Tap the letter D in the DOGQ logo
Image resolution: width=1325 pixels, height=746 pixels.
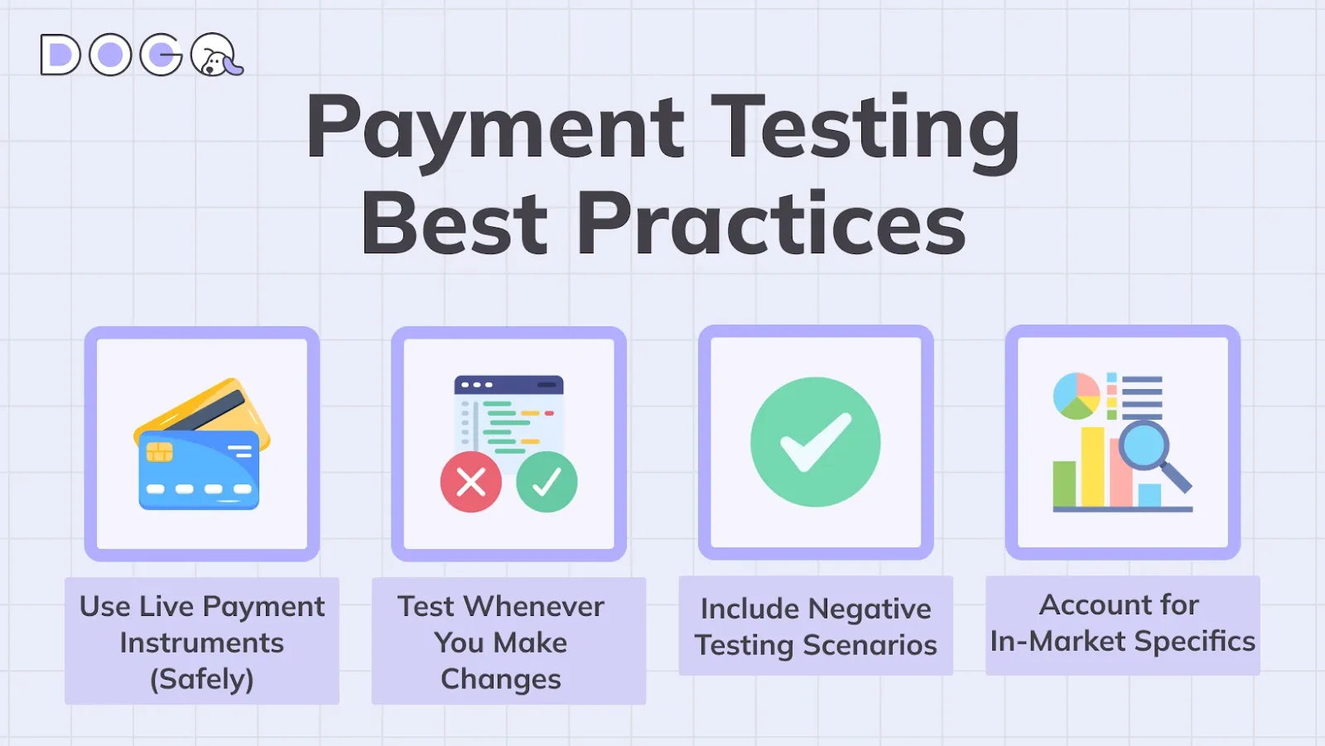[60, 55]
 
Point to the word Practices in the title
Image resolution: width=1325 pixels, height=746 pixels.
[771, 224]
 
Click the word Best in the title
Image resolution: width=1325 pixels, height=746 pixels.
[455, 224]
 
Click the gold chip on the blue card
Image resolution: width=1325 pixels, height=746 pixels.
[159, 452]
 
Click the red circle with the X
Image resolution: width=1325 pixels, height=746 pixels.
[470, 482]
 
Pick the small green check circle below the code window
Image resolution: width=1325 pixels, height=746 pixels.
[547, 482]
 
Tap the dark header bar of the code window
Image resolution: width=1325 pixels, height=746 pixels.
[508, 385]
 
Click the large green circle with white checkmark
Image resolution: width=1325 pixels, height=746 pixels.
[815, 442]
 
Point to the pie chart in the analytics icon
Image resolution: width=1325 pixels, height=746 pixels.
[1076, 396]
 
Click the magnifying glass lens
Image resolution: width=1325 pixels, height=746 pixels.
[1144, 445]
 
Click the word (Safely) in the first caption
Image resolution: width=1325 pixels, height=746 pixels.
[201, 679]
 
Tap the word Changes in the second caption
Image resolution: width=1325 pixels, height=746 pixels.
[500, 679]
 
